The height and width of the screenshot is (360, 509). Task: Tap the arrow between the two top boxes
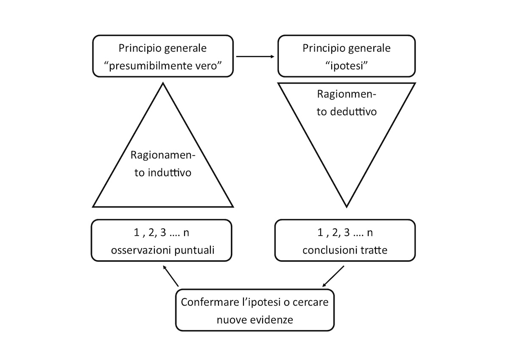(x=255, y=56)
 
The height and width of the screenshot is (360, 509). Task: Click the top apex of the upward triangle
(x=163, y=84)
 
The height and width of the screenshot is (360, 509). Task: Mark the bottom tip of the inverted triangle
(x=347, y=206)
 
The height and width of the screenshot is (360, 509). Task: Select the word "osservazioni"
(x=142, y=250)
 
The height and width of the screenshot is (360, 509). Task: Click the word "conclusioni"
(x=328, y=250)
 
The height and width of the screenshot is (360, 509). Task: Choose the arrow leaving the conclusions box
(x=333, y=276)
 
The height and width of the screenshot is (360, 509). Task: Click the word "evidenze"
(x=273, y=319)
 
